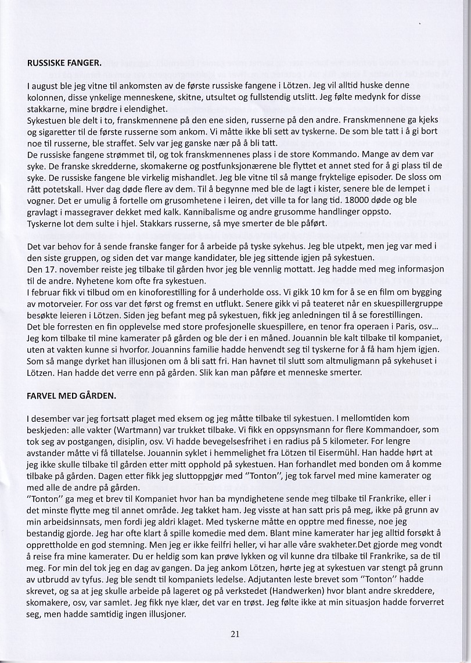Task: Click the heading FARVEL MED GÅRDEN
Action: click(x=72, y=396)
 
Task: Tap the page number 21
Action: click(x=235, y=635)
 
